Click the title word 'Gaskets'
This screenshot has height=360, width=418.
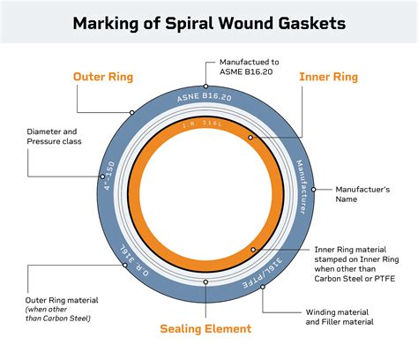pyautogui.click(x=305, y=22)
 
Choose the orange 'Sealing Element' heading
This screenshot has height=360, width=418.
pyautogui.click(x=205, y=329)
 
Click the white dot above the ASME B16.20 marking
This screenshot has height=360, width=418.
pyautogui.click(x=206, y=86)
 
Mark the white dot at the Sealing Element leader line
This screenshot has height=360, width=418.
pyautogui.click(x=205, y=282)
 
